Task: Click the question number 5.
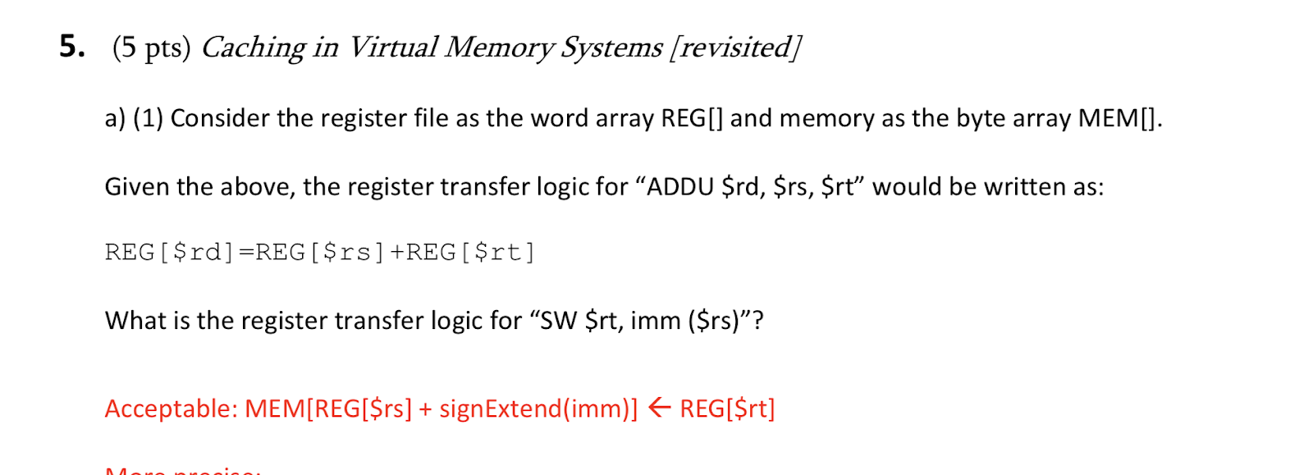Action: (71, 47)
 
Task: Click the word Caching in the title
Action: (253, 48)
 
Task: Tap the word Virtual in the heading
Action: (392, 48)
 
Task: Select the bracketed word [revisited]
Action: (735, 48)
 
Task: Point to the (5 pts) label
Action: (151, 48)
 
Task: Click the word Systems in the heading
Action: (611, 48)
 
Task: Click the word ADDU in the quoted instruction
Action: (680, 187)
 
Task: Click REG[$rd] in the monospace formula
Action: (169, 252)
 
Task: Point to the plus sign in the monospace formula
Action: (397, 252)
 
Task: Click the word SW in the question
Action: (559, 320)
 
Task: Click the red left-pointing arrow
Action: (659, 408)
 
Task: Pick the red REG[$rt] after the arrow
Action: (727, 409)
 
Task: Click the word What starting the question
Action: (135, 320)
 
